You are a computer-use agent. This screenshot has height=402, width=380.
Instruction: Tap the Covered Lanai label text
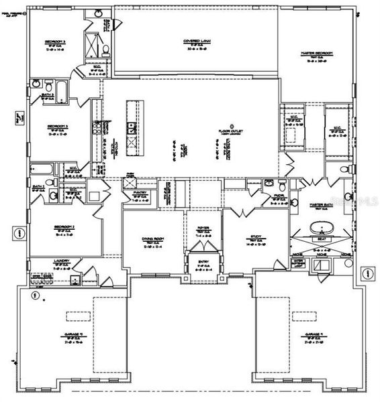tap(198, 42)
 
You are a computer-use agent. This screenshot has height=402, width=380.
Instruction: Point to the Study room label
tap(255, 238)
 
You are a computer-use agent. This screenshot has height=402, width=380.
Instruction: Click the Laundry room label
tap(62, 263)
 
